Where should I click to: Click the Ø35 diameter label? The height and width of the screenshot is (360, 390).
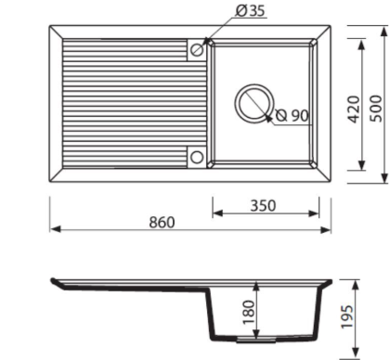[250, 11]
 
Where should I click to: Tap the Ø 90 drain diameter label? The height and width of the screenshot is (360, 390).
[292, 116]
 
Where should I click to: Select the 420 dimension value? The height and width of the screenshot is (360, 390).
[355, 109]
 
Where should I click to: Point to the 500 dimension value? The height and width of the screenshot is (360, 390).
[376, 109]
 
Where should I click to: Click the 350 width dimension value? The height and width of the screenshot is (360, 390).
[263, 206]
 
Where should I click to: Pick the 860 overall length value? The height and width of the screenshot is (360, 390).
[162, 223]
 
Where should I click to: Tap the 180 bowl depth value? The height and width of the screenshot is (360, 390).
[249, 312]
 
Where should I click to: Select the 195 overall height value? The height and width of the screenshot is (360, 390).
[346, 316]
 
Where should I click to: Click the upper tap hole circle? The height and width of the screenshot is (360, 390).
[197, 49]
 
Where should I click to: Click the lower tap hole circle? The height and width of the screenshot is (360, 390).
[196, 157]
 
